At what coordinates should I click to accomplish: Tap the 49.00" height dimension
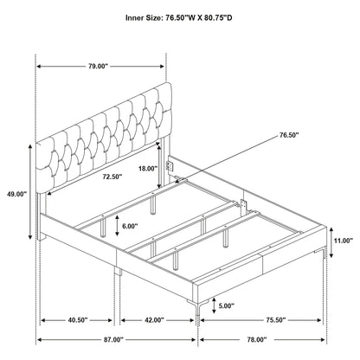coord(16,194)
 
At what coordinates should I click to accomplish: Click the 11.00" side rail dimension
coord(344,241)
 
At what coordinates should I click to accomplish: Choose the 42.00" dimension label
coord(155,320)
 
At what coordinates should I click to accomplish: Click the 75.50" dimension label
coord(276,320)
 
